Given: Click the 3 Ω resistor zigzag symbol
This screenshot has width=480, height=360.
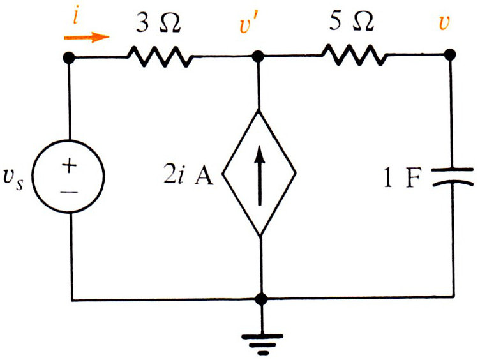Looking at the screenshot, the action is [160, 57].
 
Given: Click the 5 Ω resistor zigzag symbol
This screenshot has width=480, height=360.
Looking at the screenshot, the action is [354, 55].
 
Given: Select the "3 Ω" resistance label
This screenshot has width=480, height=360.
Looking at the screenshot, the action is [158, 23].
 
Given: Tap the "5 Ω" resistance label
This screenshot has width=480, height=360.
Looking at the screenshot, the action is [352, 22].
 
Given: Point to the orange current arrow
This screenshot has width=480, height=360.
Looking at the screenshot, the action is [86, 37].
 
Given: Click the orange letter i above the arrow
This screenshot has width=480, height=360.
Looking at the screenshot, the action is [76, 16].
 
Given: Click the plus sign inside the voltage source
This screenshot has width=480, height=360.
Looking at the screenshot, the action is [69, 165].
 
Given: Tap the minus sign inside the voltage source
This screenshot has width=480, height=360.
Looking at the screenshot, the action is [69, 193].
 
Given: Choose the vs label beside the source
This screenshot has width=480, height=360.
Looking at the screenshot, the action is [13, 179].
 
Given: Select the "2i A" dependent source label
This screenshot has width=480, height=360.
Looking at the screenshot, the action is [188, 176].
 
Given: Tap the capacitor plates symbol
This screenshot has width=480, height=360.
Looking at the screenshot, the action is [453, 177].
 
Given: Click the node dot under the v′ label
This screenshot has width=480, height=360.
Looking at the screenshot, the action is [258, 57].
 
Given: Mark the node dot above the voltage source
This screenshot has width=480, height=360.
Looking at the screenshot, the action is [68, 57].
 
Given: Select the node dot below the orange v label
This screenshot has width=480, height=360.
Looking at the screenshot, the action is [449, 55].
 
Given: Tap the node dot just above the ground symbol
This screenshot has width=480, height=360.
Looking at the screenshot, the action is [261, 299].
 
